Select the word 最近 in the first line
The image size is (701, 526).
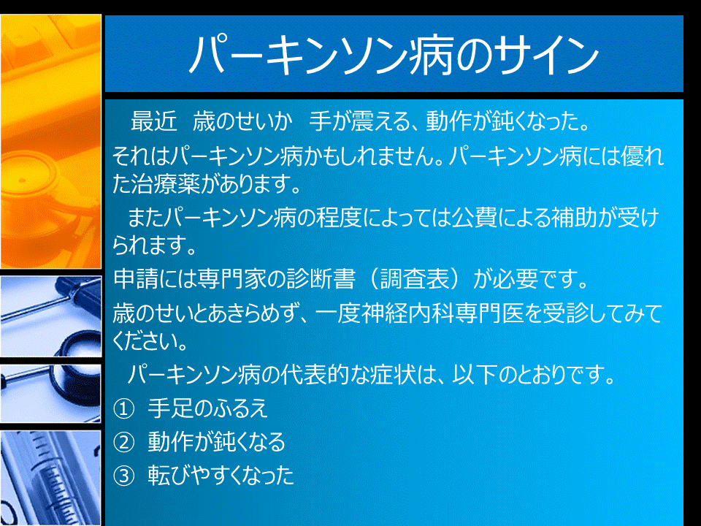(154, 122)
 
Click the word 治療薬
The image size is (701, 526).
(166, 183)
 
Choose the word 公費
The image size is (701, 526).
(474, 218)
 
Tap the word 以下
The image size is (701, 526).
(473, 374)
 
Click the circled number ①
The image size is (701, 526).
(123, 409)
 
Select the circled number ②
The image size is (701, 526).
(123, 443)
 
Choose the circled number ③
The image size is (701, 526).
(123, 476)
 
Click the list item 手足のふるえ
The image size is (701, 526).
(208, 409)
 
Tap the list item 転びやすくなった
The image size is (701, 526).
(221, 476)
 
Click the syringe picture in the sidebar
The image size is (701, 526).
(50, 478)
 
